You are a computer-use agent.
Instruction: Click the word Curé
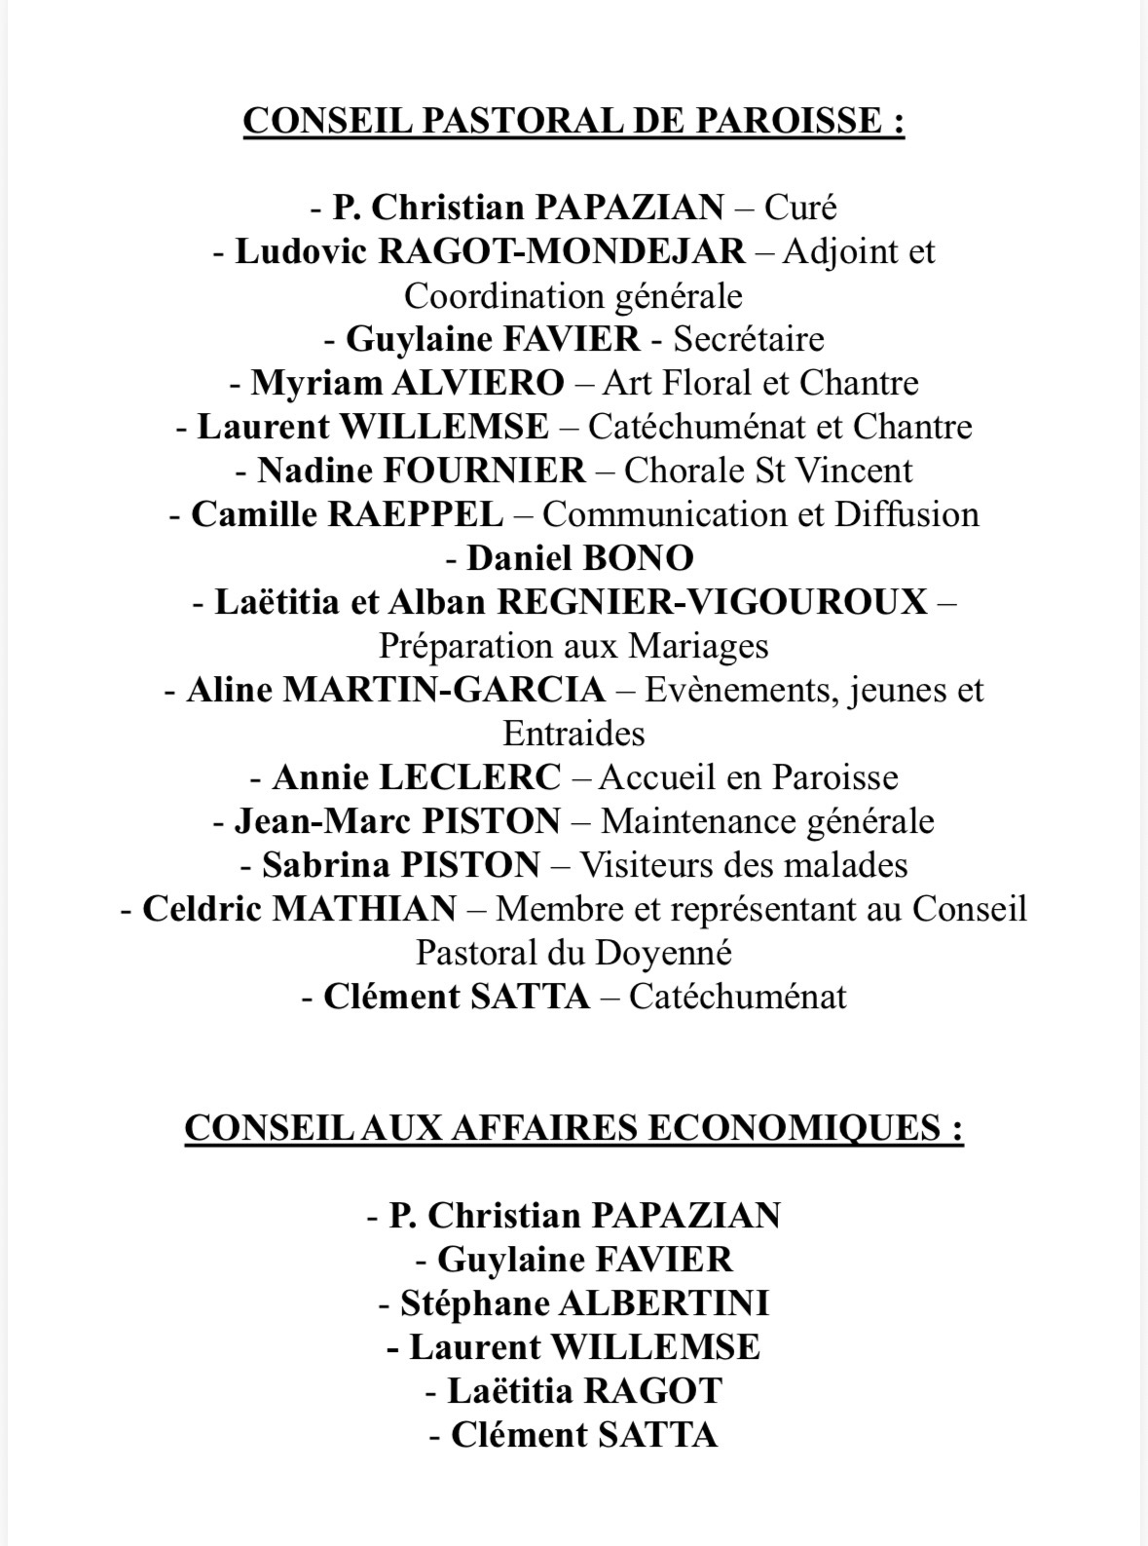tap(800, 207)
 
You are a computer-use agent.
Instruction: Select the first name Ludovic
tap(301, 251)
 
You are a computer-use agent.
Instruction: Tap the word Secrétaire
tap(749, 339)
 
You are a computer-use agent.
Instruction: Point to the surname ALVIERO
tap(477, 383)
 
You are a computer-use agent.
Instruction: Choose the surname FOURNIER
tap(485, 471)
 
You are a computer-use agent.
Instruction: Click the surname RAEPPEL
tap(416, 514)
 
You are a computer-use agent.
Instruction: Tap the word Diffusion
tap(907, 514)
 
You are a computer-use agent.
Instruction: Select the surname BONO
tap(638, 558)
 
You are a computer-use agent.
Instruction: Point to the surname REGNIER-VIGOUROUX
tap(712, 602)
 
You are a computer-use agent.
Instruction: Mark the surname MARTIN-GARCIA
tap(444, 690)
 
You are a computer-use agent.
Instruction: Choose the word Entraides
tap(574, 734)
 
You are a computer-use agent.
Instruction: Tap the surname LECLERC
tap(469, 777)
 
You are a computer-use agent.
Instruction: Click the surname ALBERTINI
tap(664, 1303)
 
